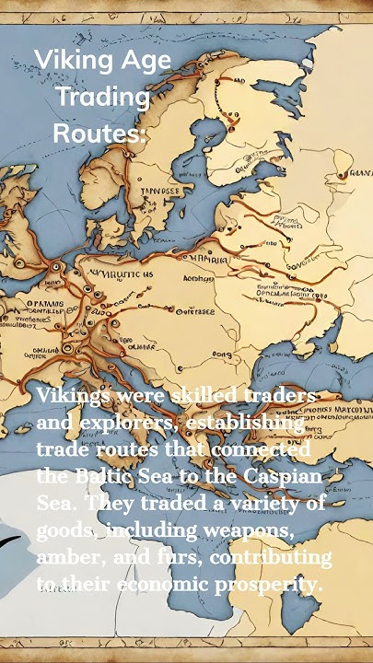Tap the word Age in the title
[x=146, y=61]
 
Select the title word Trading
[x=102, y=97]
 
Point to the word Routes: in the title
[x=99, y=133]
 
